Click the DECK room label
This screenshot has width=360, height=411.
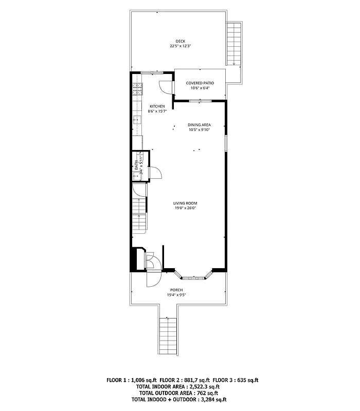180,41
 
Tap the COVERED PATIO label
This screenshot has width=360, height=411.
200,83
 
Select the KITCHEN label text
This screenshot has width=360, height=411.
157,106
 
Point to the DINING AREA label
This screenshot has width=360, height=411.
199,125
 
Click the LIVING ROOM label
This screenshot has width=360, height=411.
185,203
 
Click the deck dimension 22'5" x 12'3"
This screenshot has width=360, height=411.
180,46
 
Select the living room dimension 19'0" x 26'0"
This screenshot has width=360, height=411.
185,208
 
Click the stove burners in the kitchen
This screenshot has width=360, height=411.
137,90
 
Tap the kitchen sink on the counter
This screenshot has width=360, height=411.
137,121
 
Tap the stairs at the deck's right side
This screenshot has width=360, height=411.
234,43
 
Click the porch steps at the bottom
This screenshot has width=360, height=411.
169,337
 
